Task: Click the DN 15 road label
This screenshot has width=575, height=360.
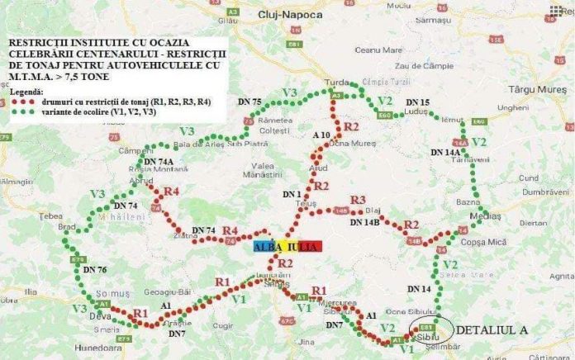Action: coord(418,102)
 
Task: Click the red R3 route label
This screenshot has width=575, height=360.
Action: coord(357,200)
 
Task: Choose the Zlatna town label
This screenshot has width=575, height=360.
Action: coord(186,235)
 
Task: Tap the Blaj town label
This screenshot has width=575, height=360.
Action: coord(373,210)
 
